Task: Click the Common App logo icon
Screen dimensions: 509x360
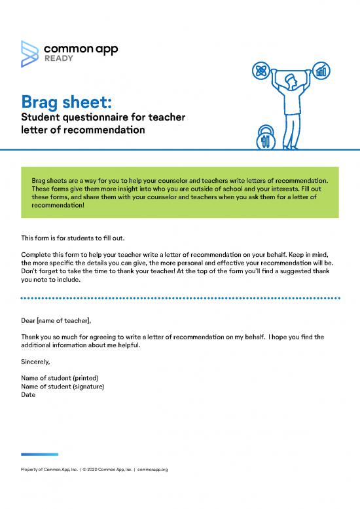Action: pyautogui.click(x=30, y=52)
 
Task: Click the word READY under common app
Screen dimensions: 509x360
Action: pyautogui.click(x=59, y=58)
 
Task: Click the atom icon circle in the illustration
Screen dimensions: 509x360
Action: pyautogui.click(x=262, y=69)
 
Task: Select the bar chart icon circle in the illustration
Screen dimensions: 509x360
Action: pyautogui.click(x=321, y=69)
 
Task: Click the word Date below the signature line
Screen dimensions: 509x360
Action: pyautogui.click(x=28, y=395)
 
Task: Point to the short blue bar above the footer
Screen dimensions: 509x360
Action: pyautogui.click(x=39, y=454)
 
